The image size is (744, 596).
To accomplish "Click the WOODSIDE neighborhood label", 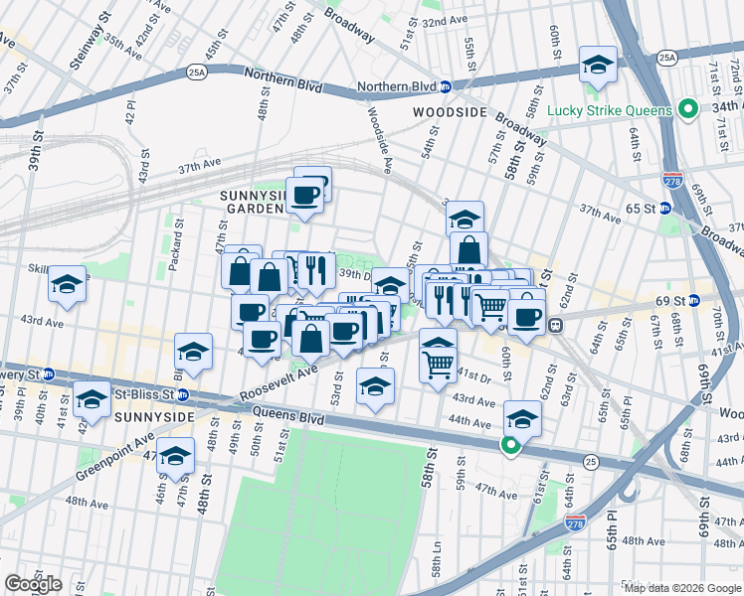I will pos(451,113).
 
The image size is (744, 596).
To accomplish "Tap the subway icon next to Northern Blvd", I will pos(447,86).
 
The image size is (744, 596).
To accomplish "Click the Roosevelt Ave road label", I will pos(279,383).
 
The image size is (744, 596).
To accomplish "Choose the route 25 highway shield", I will pos(592,461).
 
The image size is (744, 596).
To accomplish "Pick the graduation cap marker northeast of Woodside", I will pos(597,65).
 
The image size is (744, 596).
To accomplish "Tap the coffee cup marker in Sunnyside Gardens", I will pos(305,193).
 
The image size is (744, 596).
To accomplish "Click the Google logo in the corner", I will pos(33,584).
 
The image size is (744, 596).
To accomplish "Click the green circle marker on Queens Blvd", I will pos(510,446).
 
